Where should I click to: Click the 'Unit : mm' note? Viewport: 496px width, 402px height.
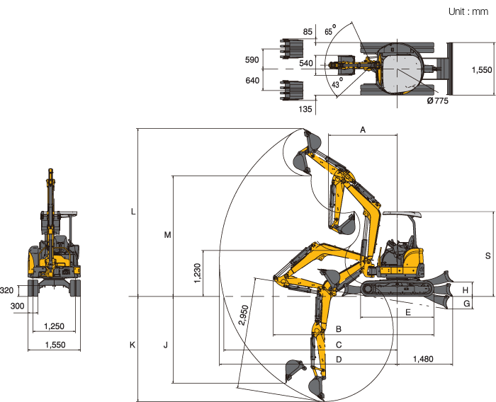point(468,12)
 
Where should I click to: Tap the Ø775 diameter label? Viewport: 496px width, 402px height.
point(437,100)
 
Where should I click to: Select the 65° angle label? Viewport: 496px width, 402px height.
point(330,30)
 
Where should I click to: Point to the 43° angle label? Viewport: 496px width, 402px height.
point(337,83)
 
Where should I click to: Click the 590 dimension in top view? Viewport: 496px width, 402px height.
point(252,59)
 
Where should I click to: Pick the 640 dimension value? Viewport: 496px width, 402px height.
point(252,80)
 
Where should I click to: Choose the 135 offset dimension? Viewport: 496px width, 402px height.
point(305,109)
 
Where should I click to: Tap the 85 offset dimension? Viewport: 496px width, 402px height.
point(308,32)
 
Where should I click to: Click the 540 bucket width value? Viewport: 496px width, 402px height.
point(306,63)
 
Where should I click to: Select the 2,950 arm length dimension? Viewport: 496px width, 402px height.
point(244,315)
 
